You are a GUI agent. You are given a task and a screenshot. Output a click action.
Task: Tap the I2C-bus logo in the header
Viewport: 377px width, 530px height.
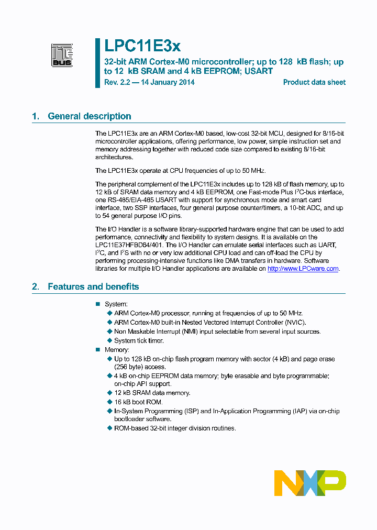(x=62, y=55)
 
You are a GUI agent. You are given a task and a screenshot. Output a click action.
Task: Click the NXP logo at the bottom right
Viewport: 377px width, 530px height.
(x=310, y=483)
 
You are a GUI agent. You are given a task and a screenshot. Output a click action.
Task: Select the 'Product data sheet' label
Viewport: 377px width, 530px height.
(x=314, y=82)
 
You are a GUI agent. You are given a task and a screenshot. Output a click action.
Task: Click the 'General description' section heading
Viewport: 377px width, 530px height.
(x=89, y=116)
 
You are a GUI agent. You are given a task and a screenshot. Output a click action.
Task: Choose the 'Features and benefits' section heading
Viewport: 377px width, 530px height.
(x=93, y=286)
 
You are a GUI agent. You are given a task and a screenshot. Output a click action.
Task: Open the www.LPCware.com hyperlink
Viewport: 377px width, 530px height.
(x=303, y=269)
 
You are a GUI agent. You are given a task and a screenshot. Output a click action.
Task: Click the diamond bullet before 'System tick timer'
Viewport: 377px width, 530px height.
(x=109, y=341)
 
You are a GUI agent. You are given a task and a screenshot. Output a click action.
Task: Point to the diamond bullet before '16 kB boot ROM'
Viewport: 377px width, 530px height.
(x=109, y=402)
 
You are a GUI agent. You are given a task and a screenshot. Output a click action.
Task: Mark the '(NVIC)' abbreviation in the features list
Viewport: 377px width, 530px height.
(x=295, y=323)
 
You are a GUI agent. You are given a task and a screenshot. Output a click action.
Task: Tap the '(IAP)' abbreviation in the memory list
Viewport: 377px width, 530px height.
(x=306, y=411)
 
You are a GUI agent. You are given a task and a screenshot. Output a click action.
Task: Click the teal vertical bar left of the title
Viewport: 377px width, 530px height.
(x=97, y=63)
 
